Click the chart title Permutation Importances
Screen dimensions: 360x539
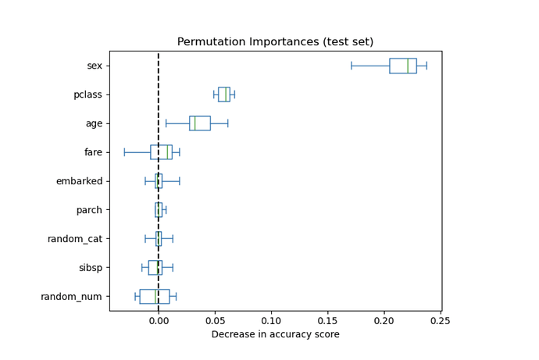tap(275, 42)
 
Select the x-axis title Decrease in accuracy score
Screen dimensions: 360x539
tap(275, 334)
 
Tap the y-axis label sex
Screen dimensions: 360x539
tap(95, 66)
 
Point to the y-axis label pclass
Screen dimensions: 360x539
tap(88, 94)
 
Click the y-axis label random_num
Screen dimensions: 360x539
tap(72, 297)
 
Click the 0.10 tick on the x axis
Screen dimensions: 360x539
tap(271, 320)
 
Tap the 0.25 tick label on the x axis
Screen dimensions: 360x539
tap(441, 320)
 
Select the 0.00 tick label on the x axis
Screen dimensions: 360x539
tap(159, 320)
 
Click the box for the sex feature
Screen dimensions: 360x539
tap(402, 66)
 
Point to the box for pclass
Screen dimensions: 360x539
tap(223, 94)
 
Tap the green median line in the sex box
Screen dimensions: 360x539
tap(408, 66)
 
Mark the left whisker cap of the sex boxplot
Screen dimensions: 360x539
tap(352, 66)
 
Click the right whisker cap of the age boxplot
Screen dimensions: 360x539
tap(227, 123)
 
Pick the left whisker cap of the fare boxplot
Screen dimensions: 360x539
tap(124, 152)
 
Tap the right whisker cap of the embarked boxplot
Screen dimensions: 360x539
tap(180, 181)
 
